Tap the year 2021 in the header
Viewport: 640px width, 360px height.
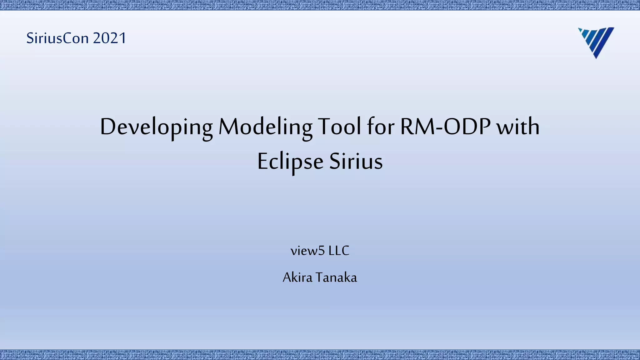(x=109, y=38)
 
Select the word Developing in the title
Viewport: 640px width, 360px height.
(x=156, y=127)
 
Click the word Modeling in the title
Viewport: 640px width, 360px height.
(x=265, y=127)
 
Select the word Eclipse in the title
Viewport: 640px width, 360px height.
(x=290, y=162)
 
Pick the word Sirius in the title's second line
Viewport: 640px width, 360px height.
(x=356, y=162)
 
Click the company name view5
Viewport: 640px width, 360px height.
(x=308, y=251)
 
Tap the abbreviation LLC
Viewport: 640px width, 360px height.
(x=339, y=251)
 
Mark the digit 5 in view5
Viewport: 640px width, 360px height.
(x=322, y=251)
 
